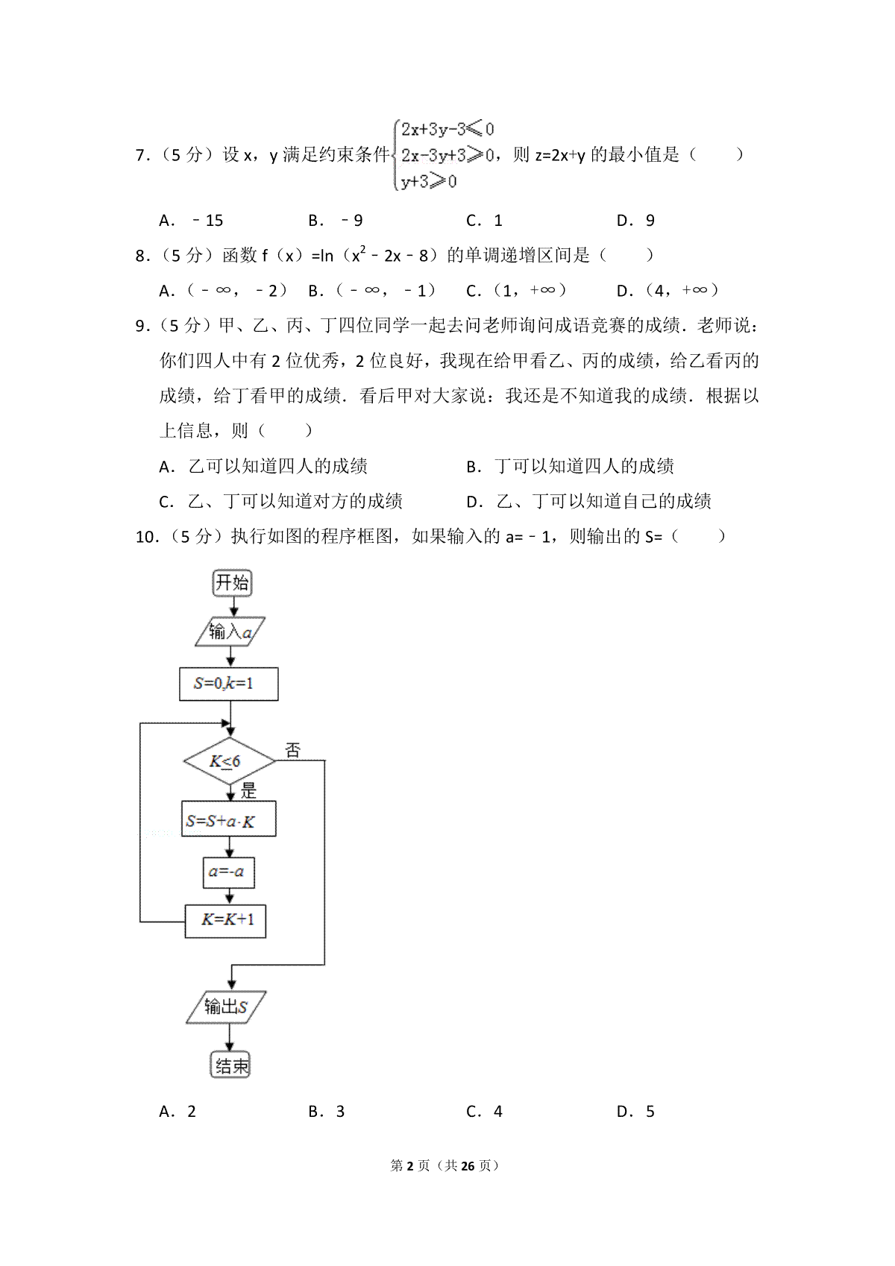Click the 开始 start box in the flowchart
[x=232, y=583]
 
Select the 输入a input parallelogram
[x=230, y=632]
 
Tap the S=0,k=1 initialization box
[x=228, y=684]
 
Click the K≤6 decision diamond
[x=229, y=761]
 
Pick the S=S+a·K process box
[x=228, y=820]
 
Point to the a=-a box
[x=228, y=872]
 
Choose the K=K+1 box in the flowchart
[x=225, y=920]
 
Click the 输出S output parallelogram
[x=226, y=1007]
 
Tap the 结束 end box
[x=230, y=1066]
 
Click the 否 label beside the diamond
[x=292, y=750]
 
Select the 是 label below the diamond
[x=248, y=790]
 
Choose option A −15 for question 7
[x=192, y=221]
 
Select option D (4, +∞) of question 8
[x=668, y=291]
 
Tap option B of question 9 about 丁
[x=571, y=467]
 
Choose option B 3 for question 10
[x=327, y=1112]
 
